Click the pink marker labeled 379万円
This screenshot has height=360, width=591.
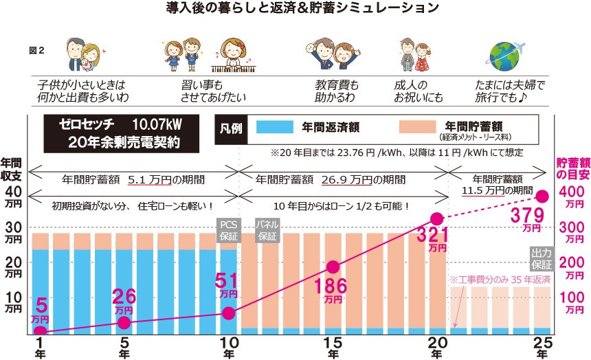pos(542,196)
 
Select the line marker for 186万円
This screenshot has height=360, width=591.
pos(333,267)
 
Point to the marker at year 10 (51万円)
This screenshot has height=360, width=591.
pos(229,313)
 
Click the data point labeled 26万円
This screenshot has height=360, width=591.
pos(124,322)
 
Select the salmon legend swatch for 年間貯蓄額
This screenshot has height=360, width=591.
pos(416,127)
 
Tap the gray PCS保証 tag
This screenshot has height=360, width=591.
pos(227,229)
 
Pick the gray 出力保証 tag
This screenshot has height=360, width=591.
pos(542,258)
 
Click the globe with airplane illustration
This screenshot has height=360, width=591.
pos(506,54)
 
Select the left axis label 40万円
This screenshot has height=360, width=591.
pos(14,196)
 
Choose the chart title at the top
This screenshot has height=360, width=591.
pos(295,9)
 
